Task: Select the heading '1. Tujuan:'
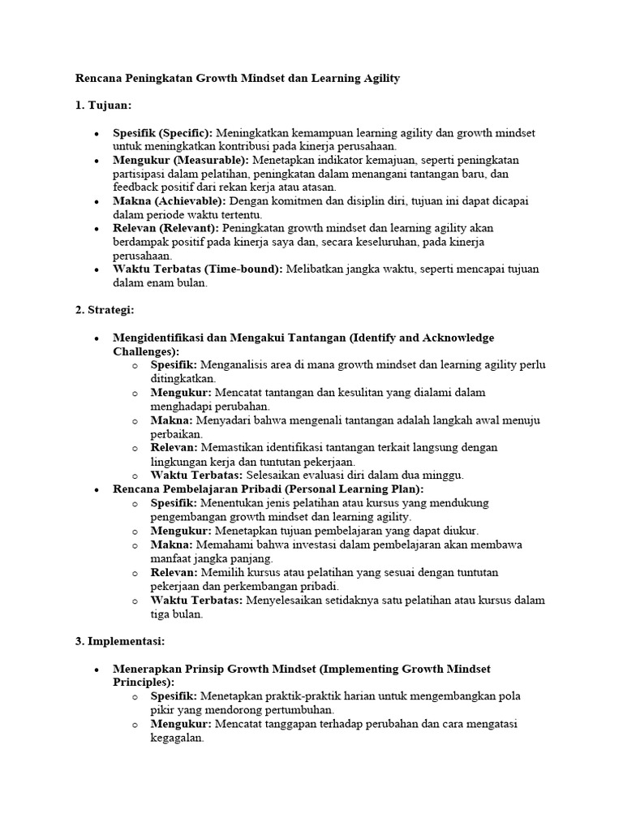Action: pos(103,105)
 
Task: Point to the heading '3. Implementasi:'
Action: pos(120,641)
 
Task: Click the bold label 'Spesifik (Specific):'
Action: pos(163,133)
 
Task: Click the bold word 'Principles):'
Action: pos(144,682)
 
